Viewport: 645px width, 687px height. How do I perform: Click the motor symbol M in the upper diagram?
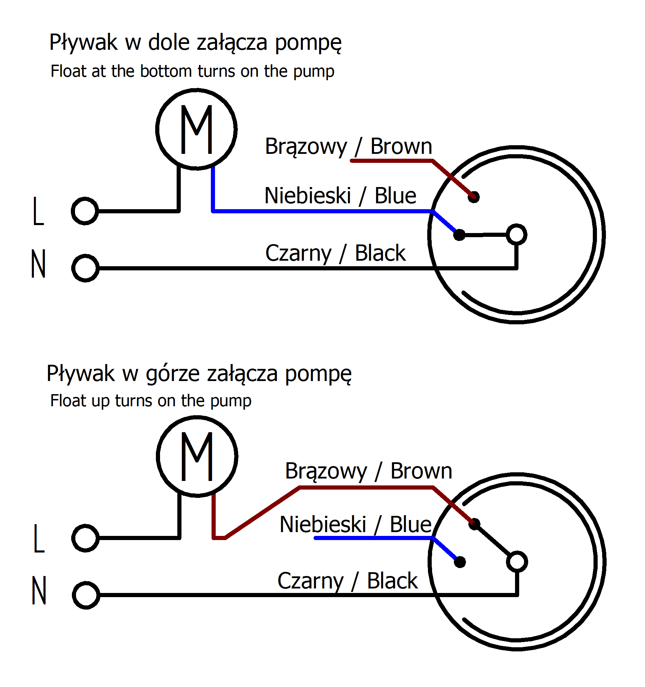pos(196,129)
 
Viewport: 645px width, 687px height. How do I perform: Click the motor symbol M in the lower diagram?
pos(197,456)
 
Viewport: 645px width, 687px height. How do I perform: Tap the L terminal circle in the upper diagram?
pos(85,211)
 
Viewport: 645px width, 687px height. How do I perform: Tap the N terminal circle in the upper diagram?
pos(85,268)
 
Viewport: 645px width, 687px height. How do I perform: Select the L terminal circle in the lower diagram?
pos(85,538)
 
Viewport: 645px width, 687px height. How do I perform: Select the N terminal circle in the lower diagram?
pos(86,595)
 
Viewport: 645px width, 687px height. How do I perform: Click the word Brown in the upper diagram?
pos(401,146)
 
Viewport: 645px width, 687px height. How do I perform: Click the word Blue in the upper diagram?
pos(395,196)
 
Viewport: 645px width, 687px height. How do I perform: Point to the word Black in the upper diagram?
pos(380,253)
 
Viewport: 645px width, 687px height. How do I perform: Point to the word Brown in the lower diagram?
pos(421,471)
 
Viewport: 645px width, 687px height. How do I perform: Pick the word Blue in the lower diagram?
pos(411,524)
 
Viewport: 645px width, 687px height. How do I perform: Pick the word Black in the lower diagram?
pos(392,581)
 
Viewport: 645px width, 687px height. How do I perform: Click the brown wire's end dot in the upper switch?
pos(474,197)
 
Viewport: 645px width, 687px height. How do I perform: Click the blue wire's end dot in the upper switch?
pos(459,235)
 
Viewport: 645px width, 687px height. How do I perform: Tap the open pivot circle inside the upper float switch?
pos(516,234)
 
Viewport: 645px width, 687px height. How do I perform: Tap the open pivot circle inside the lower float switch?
pos(517,561)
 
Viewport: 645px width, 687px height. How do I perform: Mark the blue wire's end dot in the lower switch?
pos(460,562)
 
